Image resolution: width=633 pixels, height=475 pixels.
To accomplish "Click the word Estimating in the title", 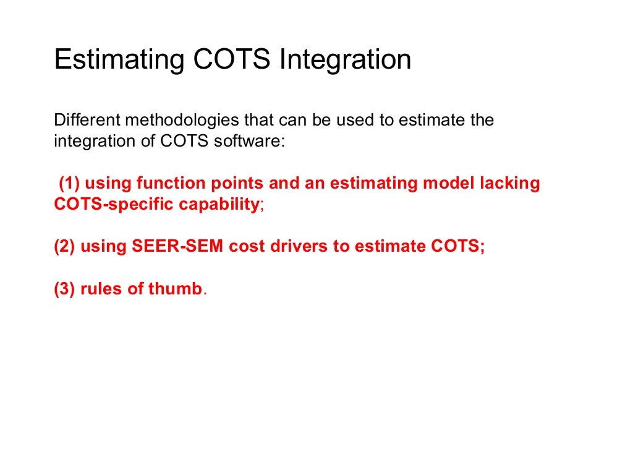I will tap(119, 60).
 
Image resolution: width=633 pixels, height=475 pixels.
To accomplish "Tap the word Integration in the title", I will tap(346, 60).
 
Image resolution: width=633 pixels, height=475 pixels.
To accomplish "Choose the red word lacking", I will tap(509, 184).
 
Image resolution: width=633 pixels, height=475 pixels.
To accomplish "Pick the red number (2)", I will tap(64, 247).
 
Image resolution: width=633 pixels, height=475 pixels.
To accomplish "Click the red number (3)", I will tap(64, 289).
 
